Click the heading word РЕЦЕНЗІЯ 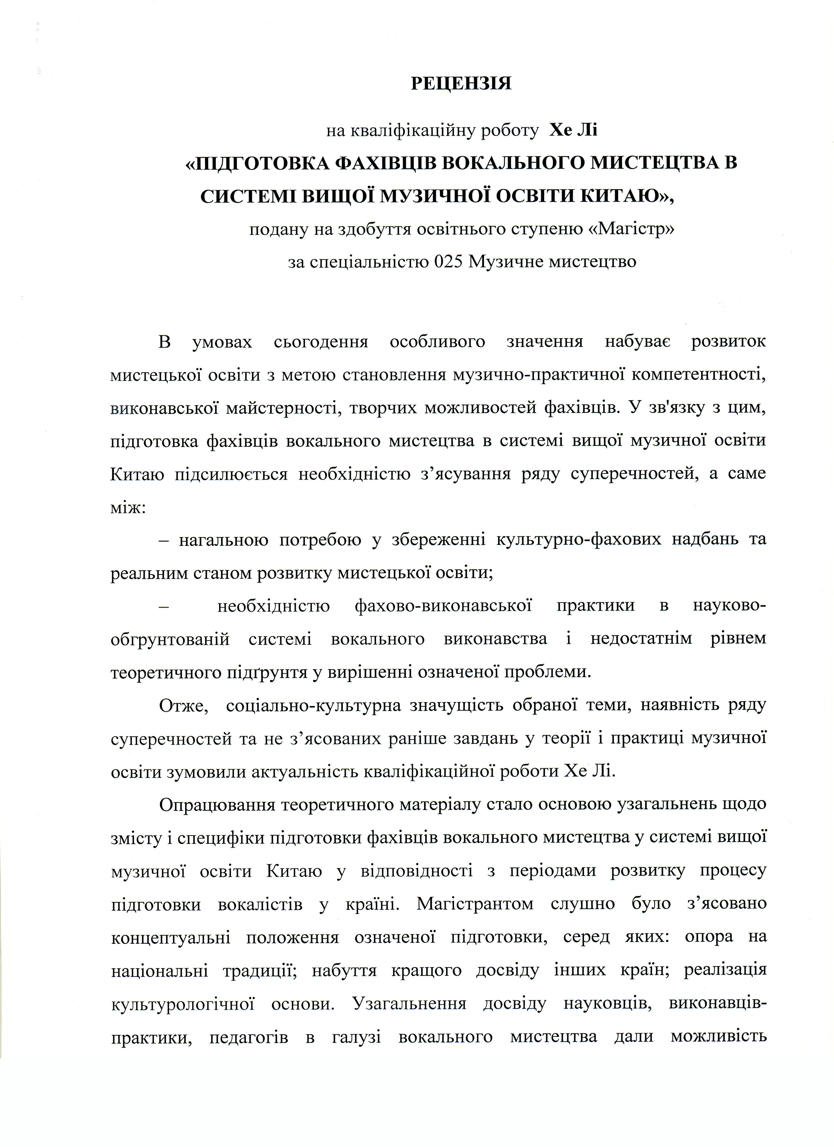coord(461,83)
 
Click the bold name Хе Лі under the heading coord(573,131)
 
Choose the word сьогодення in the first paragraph coord(321,342)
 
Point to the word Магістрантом coord(475,903)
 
